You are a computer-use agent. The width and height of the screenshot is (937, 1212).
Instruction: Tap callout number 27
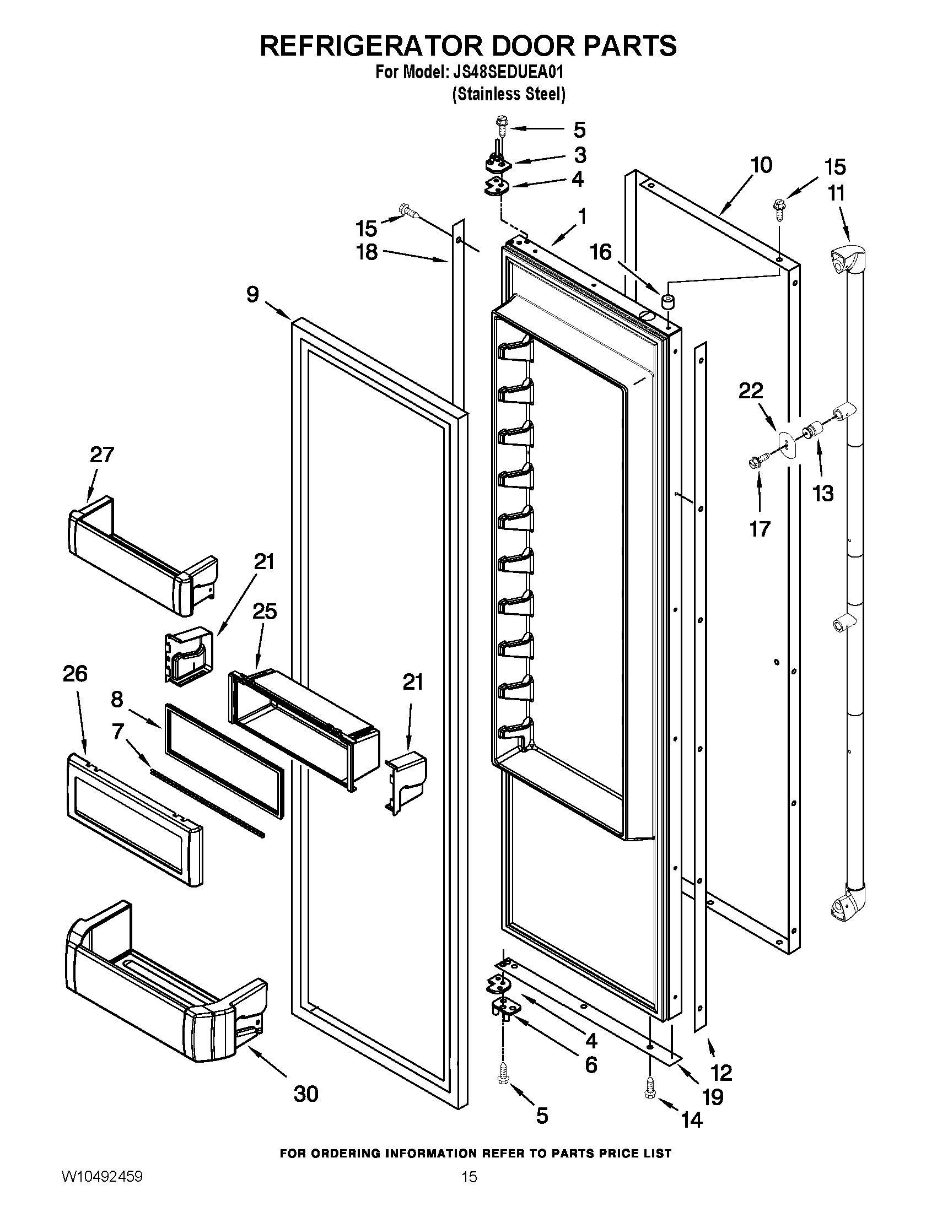(102, 455)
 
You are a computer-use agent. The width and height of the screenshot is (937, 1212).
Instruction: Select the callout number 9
(252, 294)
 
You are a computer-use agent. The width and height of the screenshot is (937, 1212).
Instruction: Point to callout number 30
(306, 1094)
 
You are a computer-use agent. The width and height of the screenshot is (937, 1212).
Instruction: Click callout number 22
(751, 391)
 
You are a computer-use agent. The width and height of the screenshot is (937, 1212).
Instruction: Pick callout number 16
(601, 252)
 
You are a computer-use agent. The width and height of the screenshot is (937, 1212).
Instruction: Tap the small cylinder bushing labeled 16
(667, 302)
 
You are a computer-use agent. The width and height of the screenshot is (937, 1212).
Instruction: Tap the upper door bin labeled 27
(142, 555)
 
